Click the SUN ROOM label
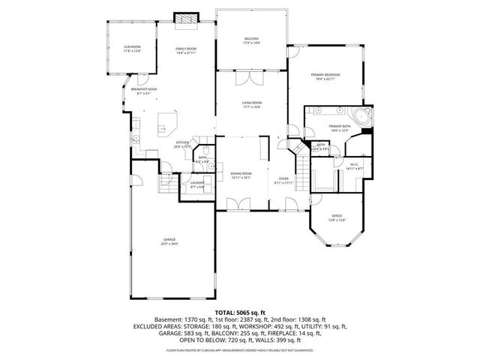(133, 49)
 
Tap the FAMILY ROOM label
(185, 50)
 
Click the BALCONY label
(252, 40)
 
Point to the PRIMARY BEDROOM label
(326, 76)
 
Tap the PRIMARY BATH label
(339, 128)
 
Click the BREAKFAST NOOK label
(143, 91)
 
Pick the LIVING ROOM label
(251, 105)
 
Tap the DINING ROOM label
(241, 175)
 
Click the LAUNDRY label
(196, 184)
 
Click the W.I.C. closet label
(354, 166)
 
